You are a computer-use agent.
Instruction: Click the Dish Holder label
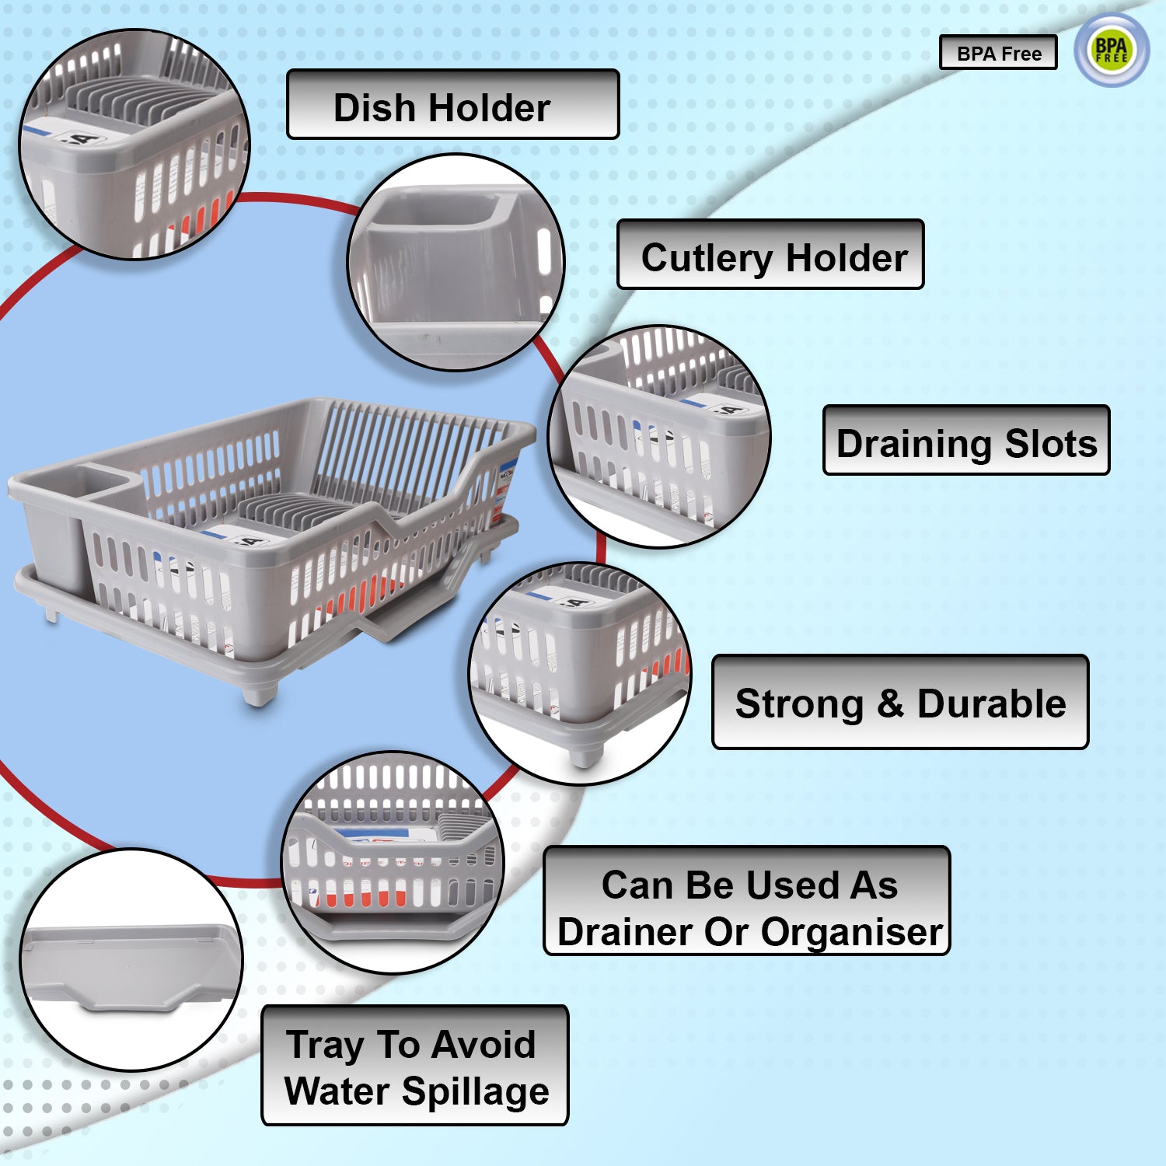pyautogui.click(x=452, y=105)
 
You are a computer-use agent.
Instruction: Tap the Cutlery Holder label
pyautogui.click(x=770, y=255)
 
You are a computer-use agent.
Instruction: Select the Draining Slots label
pyautogui.click(x=965, y=441)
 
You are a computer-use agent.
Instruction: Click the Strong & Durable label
pyautogui.click(x=899, y=702)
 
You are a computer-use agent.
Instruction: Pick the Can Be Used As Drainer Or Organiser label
pyautogui.click(x=746, y=901)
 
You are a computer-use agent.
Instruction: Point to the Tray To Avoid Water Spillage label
pyautogui.click(x=414, y=1065)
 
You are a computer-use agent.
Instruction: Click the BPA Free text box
pyautogui.click(x=998, y=53)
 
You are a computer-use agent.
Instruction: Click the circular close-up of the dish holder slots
pyautogui.click(x=134, y=145)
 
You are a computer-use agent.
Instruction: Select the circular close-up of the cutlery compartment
pyautogui.click(x=456, y=262)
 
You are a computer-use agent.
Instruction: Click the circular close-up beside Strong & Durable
pyautogui.click(x=580, y=673)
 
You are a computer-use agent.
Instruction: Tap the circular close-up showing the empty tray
pyautogui.click(x=131, y=960)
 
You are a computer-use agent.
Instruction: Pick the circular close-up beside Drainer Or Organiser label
pyautogui.click(x=393, y=862)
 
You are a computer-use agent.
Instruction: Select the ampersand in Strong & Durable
pyautogui.click(x=890, y=703)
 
